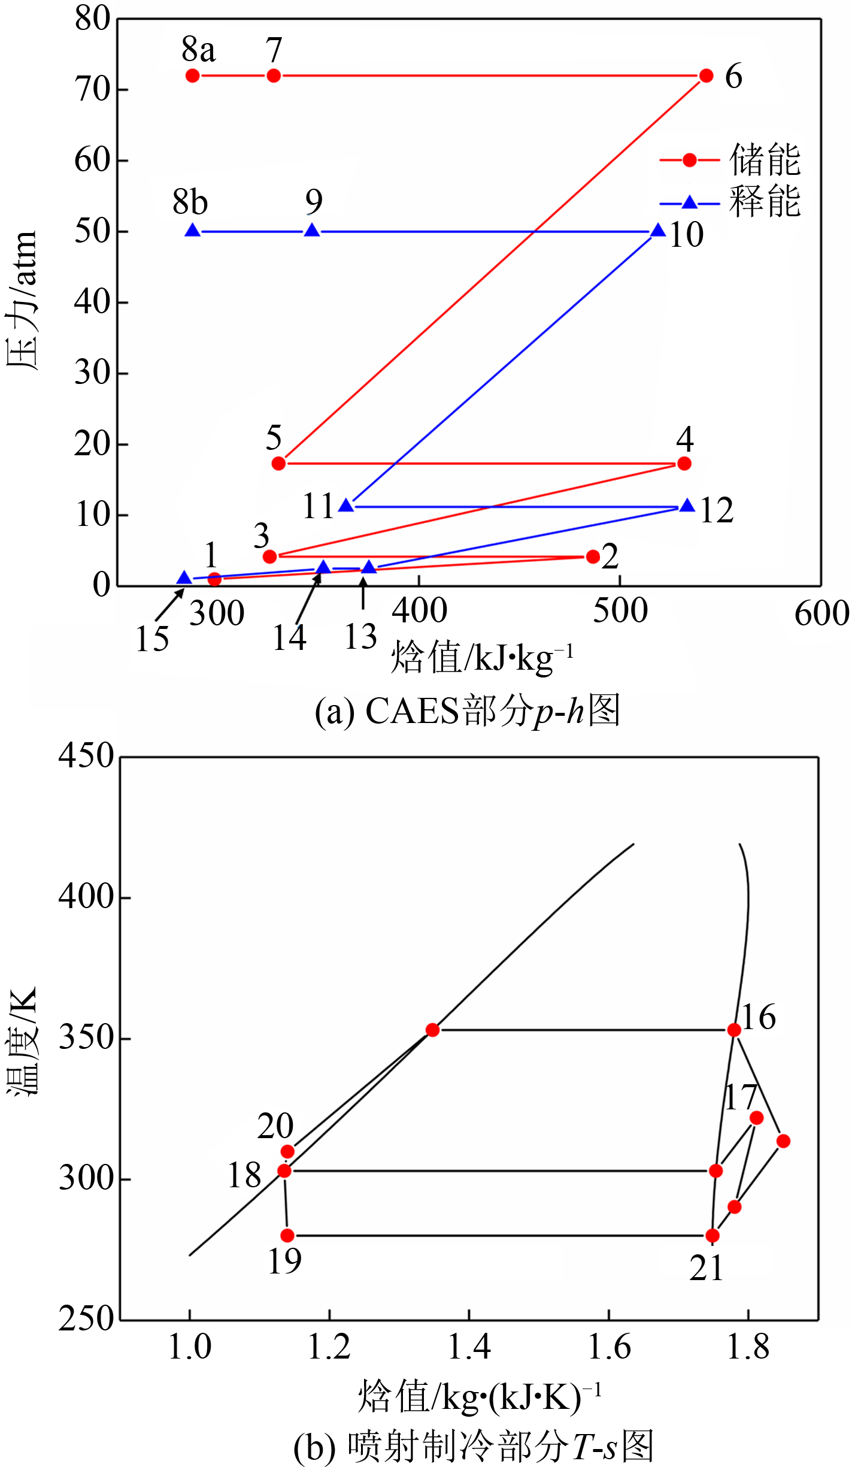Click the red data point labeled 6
click(706, 75)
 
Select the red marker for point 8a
click(192, 75)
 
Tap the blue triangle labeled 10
click(658, 231)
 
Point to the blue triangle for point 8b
click(192, 231)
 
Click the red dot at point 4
click(684, 463)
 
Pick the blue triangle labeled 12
click(687, 506)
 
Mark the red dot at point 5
click(278, 463)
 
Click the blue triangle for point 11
click(346, 506)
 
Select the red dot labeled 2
click(593, 556)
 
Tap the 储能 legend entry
click(730, 160)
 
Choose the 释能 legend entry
click(730, 202)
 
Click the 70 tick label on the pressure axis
click(93, 90)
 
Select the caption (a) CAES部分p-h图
click(467, 711)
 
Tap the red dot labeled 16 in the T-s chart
click(734, 1030)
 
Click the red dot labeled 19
click(287, 1235)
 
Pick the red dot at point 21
click(712, 1235)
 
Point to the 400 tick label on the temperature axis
click(86, 897)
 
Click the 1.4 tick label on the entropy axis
click(469, 1347)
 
